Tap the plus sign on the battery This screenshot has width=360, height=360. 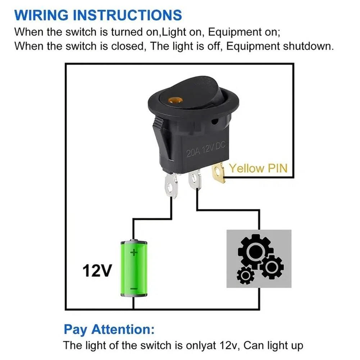point(134,252)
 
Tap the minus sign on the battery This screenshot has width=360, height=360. point(133,288)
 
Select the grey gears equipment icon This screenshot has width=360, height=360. point(259,259)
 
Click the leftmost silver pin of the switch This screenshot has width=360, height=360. point(172,186)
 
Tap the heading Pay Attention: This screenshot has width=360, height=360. point(109,329)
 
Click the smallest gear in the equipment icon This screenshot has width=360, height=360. point(246,276)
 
